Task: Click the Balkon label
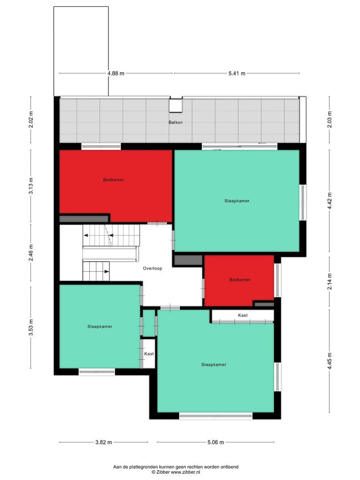175,122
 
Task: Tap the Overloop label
152,268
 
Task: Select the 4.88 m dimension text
116,73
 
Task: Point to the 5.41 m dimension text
237,73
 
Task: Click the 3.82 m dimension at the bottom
104,442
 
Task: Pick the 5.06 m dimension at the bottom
216,442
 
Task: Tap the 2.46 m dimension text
31,252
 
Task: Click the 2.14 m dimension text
329,282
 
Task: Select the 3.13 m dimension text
31,186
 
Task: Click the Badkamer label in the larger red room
113,180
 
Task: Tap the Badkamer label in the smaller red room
240,280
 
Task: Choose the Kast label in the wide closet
243,315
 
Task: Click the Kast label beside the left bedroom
149,354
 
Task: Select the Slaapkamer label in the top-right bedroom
237,201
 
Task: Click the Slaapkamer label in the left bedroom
100,326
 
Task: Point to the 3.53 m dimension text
31,327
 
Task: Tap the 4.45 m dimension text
329,361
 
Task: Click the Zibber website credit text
176,472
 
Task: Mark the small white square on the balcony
176,105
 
